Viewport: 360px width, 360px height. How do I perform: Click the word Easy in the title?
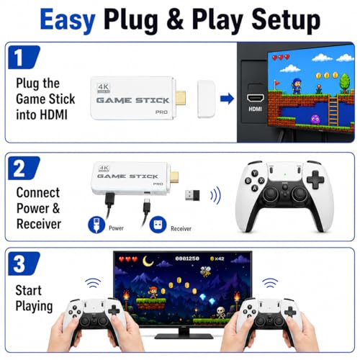[68, 21]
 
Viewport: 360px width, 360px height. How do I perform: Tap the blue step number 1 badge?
[24, 57]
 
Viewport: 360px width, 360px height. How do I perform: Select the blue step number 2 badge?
[24, 168]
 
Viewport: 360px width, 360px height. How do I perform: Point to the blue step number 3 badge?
[24, 264]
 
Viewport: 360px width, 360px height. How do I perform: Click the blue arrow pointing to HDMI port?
[227, 99]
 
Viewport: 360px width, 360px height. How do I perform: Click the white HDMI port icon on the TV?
[256, 99]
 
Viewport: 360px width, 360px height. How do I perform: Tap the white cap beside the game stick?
[206, 99]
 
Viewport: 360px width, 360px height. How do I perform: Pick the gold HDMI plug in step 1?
[180, 99]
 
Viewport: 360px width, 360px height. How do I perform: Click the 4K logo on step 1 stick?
[104, 88]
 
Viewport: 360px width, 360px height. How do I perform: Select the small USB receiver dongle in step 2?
[192, 196]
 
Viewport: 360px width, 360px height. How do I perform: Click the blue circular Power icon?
[96, 225]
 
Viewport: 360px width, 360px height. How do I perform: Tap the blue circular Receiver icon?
[158, 225]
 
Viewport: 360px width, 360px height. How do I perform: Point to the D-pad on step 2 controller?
[315, 179]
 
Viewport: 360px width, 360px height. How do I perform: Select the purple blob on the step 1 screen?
[315, 120]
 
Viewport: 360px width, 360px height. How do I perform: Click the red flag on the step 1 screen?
[276, 84]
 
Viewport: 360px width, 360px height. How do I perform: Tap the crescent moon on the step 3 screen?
[148, 261]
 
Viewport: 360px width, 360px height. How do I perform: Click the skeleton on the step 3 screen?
[220, 312]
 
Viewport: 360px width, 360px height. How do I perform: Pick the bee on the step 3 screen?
[205, 271]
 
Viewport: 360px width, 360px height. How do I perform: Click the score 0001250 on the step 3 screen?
[187, 258]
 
